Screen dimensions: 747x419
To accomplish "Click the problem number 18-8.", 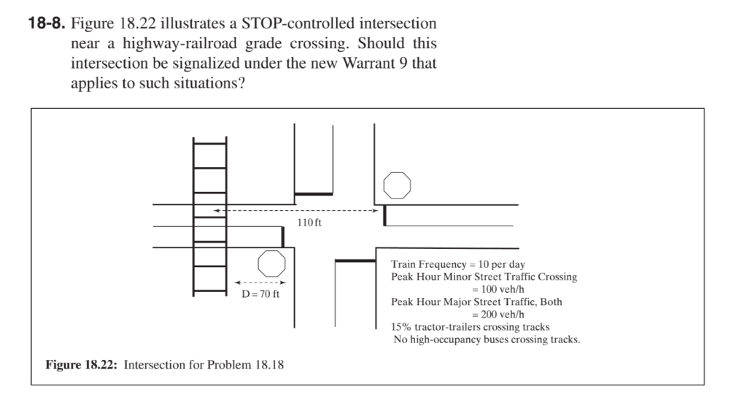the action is pyautogui.click(x=46, y=23).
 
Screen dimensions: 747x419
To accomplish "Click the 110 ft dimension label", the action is pyautogui.click(x=309, y=222).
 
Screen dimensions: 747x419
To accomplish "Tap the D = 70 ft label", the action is pyautogui.click(x=260, y=293).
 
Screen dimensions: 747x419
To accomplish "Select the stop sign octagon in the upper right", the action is pyautogui.click(x=397, y=185).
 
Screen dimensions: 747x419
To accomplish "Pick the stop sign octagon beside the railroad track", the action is pyautogui.click(x=271, y=264).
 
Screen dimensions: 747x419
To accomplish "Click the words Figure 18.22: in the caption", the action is pyautogui.click(x=81, y=365).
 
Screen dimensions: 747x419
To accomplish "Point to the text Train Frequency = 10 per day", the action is pyautogui.click(x=458, y=264).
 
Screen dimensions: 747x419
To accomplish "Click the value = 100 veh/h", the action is pyautogui.click(x=498, y=289).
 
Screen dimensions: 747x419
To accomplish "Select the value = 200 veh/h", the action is pyautogui.click(x=498, y=314).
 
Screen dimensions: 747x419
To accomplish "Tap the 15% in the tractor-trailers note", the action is pyautogui.click(x=400, y=327).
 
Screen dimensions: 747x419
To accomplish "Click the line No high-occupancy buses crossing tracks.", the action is pyautogui.click(x=487, y=339).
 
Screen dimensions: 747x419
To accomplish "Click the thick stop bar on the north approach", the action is pyautogui.click(x=314, y=194).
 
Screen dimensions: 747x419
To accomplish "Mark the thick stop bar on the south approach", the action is pyautogui.click(x=355, y=261).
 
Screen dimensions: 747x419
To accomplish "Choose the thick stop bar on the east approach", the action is pyautogui.click(x=384, y=215).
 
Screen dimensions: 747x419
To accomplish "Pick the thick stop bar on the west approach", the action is pyautogui.click(x=283, y=237).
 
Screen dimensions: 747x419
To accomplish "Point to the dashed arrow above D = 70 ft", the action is pyautogui.click(x=260, y=282).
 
